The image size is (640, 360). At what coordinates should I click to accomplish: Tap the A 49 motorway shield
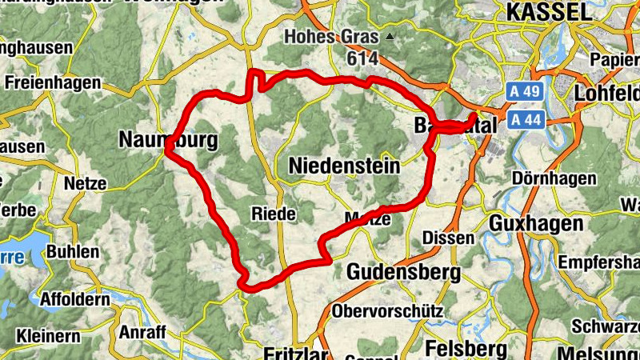(526, 93)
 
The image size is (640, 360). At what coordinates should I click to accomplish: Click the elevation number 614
(361, 58)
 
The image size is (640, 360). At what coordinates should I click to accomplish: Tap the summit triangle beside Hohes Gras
(390, 37)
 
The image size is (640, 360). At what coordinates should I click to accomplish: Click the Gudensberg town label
(403, 273)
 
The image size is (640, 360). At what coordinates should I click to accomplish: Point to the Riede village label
(274, 214)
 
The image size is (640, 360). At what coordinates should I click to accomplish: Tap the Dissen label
(442, 238)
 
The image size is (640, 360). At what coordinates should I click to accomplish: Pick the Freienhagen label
(53, 82)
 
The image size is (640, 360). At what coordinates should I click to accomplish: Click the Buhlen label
(73, 252)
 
